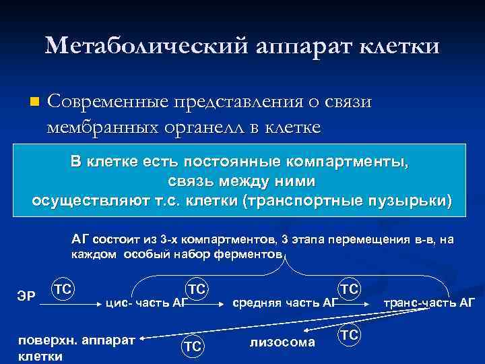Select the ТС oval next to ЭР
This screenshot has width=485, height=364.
tap(63, 289)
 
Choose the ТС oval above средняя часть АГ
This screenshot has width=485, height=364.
tap(349, 289)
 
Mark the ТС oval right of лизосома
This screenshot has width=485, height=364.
tap(349, 334)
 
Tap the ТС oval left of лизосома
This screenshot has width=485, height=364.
tap(193, 345)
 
